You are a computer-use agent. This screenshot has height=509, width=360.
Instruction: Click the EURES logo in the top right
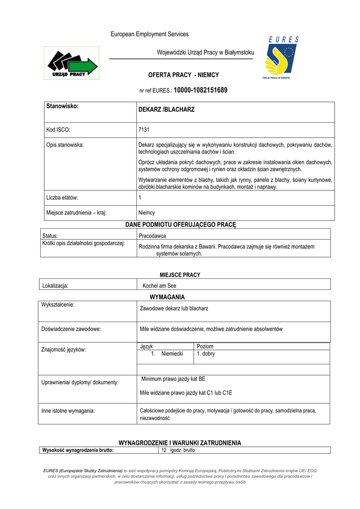coord(281,59)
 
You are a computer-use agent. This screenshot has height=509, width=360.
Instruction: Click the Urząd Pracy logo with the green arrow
coord(72,64)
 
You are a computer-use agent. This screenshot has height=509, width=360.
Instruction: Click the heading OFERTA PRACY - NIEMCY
coord(183,75)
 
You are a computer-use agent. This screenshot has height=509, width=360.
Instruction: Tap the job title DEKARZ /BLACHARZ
coord(166,109)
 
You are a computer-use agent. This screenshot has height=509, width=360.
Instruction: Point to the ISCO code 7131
coord(144,130)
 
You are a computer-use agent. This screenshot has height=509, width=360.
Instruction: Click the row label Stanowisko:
coord(63,106)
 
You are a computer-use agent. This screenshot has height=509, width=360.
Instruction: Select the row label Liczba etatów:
coord(62,198)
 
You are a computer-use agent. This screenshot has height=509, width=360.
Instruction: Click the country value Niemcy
coord(147,213)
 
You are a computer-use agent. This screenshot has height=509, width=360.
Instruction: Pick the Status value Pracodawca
coord(152,236)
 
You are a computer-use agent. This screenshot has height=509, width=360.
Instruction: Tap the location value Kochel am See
coord(159,286)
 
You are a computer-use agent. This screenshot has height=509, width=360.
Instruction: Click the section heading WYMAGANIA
coord(167,297)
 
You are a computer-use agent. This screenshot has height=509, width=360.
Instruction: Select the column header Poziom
coord(205,346)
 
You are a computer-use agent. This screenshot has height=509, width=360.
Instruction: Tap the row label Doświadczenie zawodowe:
coord(71,329)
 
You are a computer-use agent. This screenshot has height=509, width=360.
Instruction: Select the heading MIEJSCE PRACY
coord(180,275)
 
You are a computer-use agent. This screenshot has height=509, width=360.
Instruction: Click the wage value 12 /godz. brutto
coord(178,450)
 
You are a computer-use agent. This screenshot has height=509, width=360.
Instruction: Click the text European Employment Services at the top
coord(149,34)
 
